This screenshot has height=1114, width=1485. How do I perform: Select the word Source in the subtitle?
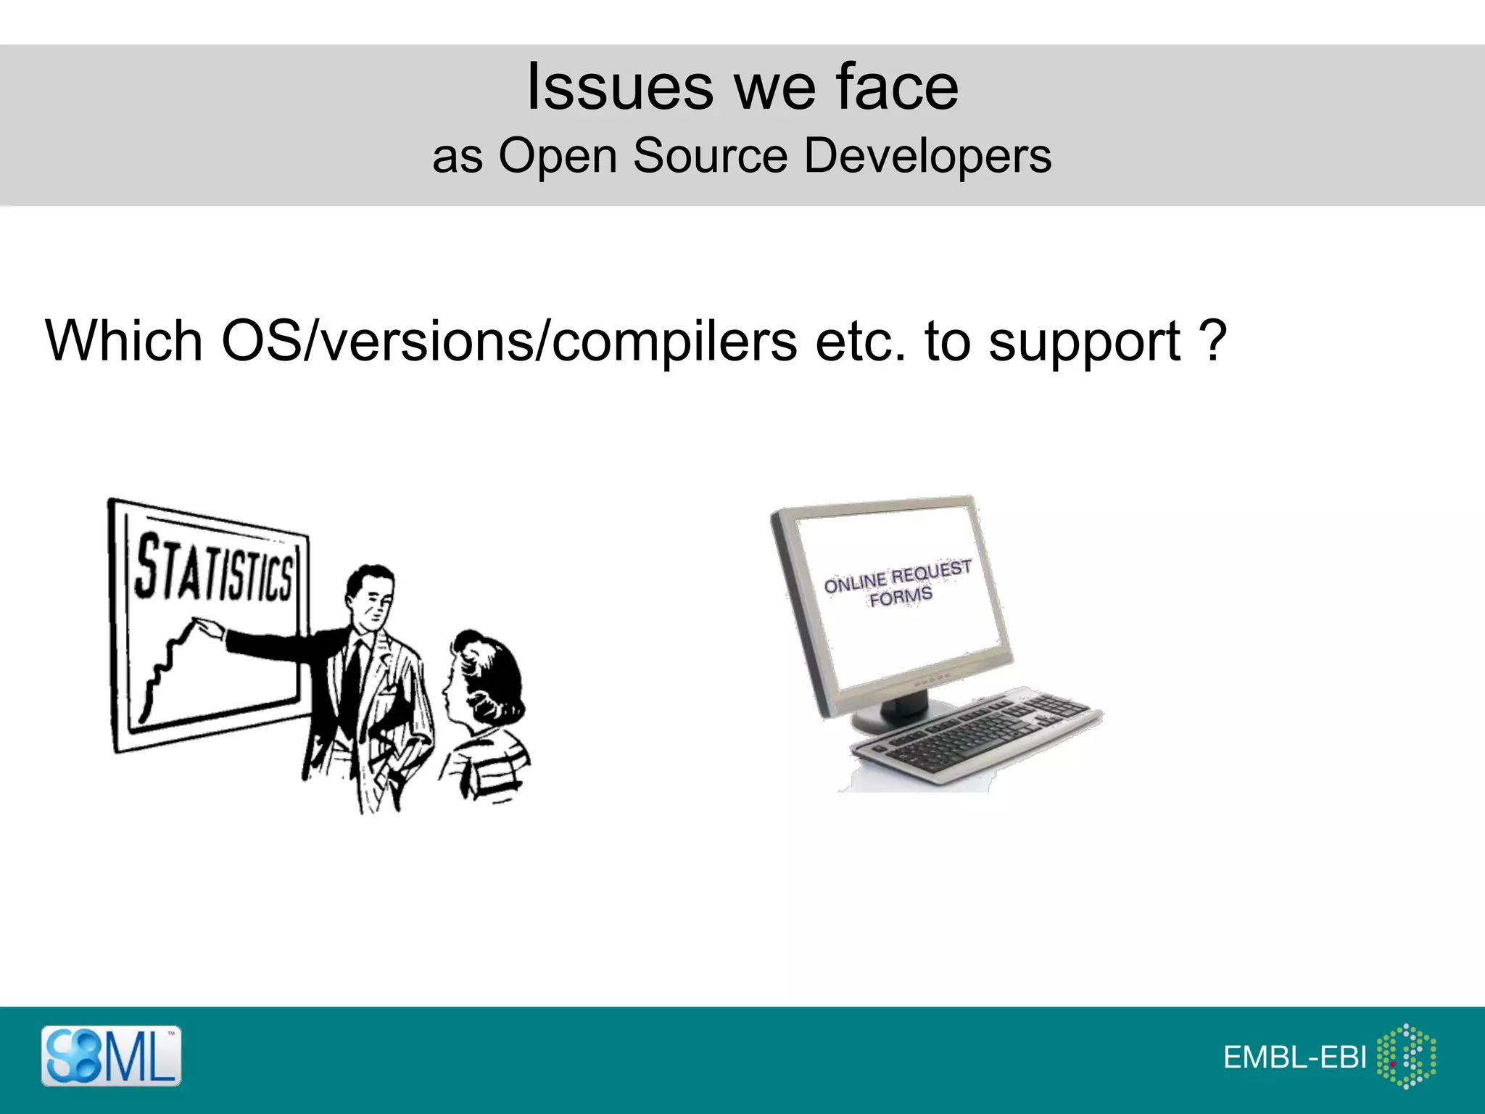pos(710,155)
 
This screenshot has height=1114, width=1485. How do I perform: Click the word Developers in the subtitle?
pos(927,155)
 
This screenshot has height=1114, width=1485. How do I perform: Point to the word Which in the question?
pos(123,340)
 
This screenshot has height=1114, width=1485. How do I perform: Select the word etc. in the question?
pos(860,340)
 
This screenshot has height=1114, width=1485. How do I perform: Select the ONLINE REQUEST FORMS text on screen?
pos(898,583)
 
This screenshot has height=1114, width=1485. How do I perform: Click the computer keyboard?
pos(975,733)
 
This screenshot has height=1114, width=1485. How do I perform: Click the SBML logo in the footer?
pos(111,1055)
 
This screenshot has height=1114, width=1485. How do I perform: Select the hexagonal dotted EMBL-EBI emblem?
pos(1406,1056)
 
